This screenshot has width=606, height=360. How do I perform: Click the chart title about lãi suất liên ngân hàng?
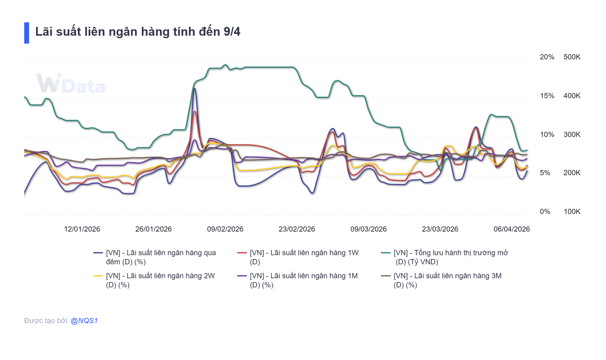pyautogui.click(x=138, y=32)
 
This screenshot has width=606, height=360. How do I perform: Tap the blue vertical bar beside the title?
pyautogui.click(x=27, y=33)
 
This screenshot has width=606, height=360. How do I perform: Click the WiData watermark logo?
pyautogui.click(x=71, y=84)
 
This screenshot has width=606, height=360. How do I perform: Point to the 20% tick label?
pyautogui.click(x=547, y=57)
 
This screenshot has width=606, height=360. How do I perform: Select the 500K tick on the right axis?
pyautogui.click(x=572, y=57)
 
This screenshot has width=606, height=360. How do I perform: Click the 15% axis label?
pyautogui.click(x=547, y=96)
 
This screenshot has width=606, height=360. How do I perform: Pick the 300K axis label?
pyautogui.click(x=572, y=135)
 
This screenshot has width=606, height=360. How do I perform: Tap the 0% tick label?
pyautogui.click(x=545, y=212)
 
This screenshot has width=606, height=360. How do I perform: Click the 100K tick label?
pyautogui.click(x=572, y=212)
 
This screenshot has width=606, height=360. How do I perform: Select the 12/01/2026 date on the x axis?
pyautogui.click(x=82, y=229)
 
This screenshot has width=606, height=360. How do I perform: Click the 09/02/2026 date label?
pyautogui.click(x=225, y=229)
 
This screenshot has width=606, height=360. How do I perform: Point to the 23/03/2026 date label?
pyautogui.click(x=440, y=229)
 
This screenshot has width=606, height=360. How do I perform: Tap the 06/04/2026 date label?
pyautogui.click(x=511, y=229)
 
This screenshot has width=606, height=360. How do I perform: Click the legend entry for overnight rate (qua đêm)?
pyautogui.click(x=161, y=257)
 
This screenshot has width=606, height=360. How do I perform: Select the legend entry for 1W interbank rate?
pyautogui.click(x=304, y=257)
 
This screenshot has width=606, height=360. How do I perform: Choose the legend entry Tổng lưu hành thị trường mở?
pyautogui.click(x=450, y=257)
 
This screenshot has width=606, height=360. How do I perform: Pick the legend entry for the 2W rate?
pyautogui.click(x=160, y=280)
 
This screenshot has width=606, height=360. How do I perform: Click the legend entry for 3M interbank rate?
pyautogui.click(x=447, y=280)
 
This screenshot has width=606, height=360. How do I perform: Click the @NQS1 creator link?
pyautogui.click(x=84, y=321)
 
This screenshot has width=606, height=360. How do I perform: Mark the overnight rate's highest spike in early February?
pyautogui.click(x=195, y=89)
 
